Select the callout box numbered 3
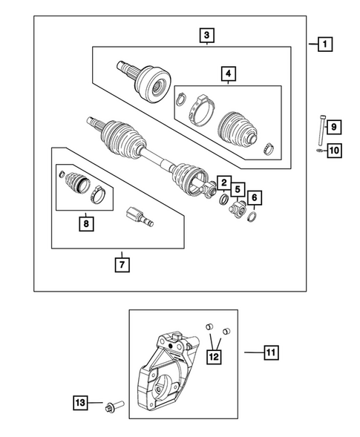pyautogui.click(x=206, y=34)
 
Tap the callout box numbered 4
pyautogui.click(x=228, y=73)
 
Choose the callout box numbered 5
pyautogui.click(x=238, y=189)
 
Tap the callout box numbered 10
pyautogui.click(x=333, y=151)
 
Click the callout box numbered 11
pyautogui.click(x=271, y=353)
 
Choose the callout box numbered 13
pyautogui.click(x=80, y=403)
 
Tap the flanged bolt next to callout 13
pyautogui.click(x=116, y=405)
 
